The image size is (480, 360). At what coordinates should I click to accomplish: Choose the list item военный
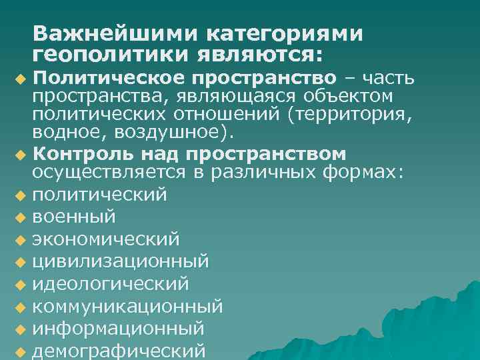tap(74, 217)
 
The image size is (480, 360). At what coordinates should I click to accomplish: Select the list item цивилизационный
tap(121, 261)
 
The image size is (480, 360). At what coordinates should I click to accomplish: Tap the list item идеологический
tap(111, 284)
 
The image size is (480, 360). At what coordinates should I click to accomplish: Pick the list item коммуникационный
tap(127, 307)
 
